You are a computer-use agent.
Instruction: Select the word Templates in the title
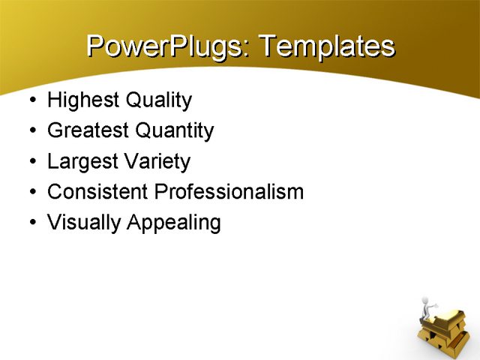click(326, 46)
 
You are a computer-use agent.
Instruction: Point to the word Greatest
click(88, 131)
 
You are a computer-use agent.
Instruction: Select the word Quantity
click(174, 131)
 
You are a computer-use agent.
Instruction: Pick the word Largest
click(81, 162)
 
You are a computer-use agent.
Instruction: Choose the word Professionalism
click(229, 192)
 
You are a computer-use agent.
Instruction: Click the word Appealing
click(173, 223)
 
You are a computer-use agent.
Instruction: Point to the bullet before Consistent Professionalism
click(31, 193)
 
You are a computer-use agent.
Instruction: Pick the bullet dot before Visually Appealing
click(31, 223)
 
